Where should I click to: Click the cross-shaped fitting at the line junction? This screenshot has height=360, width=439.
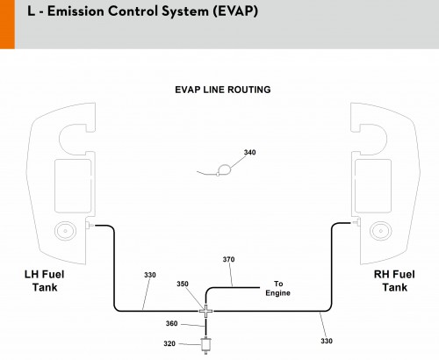(206, 311)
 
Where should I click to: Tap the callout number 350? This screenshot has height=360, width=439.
(183, 284)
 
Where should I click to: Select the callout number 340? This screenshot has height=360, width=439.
(249, 152)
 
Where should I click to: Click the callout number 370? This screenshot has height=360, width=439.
(228, 259)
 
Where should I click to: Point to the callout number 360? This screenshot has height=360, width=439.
(171, 323)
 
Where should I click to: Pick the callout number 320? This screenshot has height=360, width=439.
(169, 343)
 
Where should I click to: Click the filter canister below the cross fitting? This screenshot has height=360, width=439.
(206, 345)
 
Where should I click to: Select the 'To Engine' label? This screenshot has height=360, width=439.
(278, 288)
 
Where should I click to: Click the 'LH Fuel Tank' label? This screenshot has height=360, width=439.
(45, 281)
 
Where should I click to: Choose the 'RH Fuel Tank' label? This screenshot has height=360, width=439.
(394, 281)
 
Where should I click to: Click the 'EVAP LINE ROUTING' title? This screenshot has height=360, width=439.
(223, 90)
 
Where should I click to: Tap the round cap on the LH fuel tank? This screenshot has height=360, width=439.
(65, 231)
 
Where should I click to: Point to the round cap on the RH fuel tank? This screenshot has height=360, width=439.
(381, 231)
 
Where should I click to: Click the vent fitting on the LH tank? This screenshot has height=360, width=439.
(90, 225)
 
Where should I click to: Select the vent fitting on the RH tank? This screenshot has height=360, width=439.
(356, 222)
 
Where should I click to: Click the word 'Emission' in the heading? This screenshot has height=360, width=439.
(76, 11)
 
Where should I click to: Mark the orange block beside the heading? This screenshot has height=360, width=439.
(7, 25)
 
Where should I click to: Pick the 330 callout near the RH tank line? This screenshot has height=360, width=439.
(327, 341)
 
